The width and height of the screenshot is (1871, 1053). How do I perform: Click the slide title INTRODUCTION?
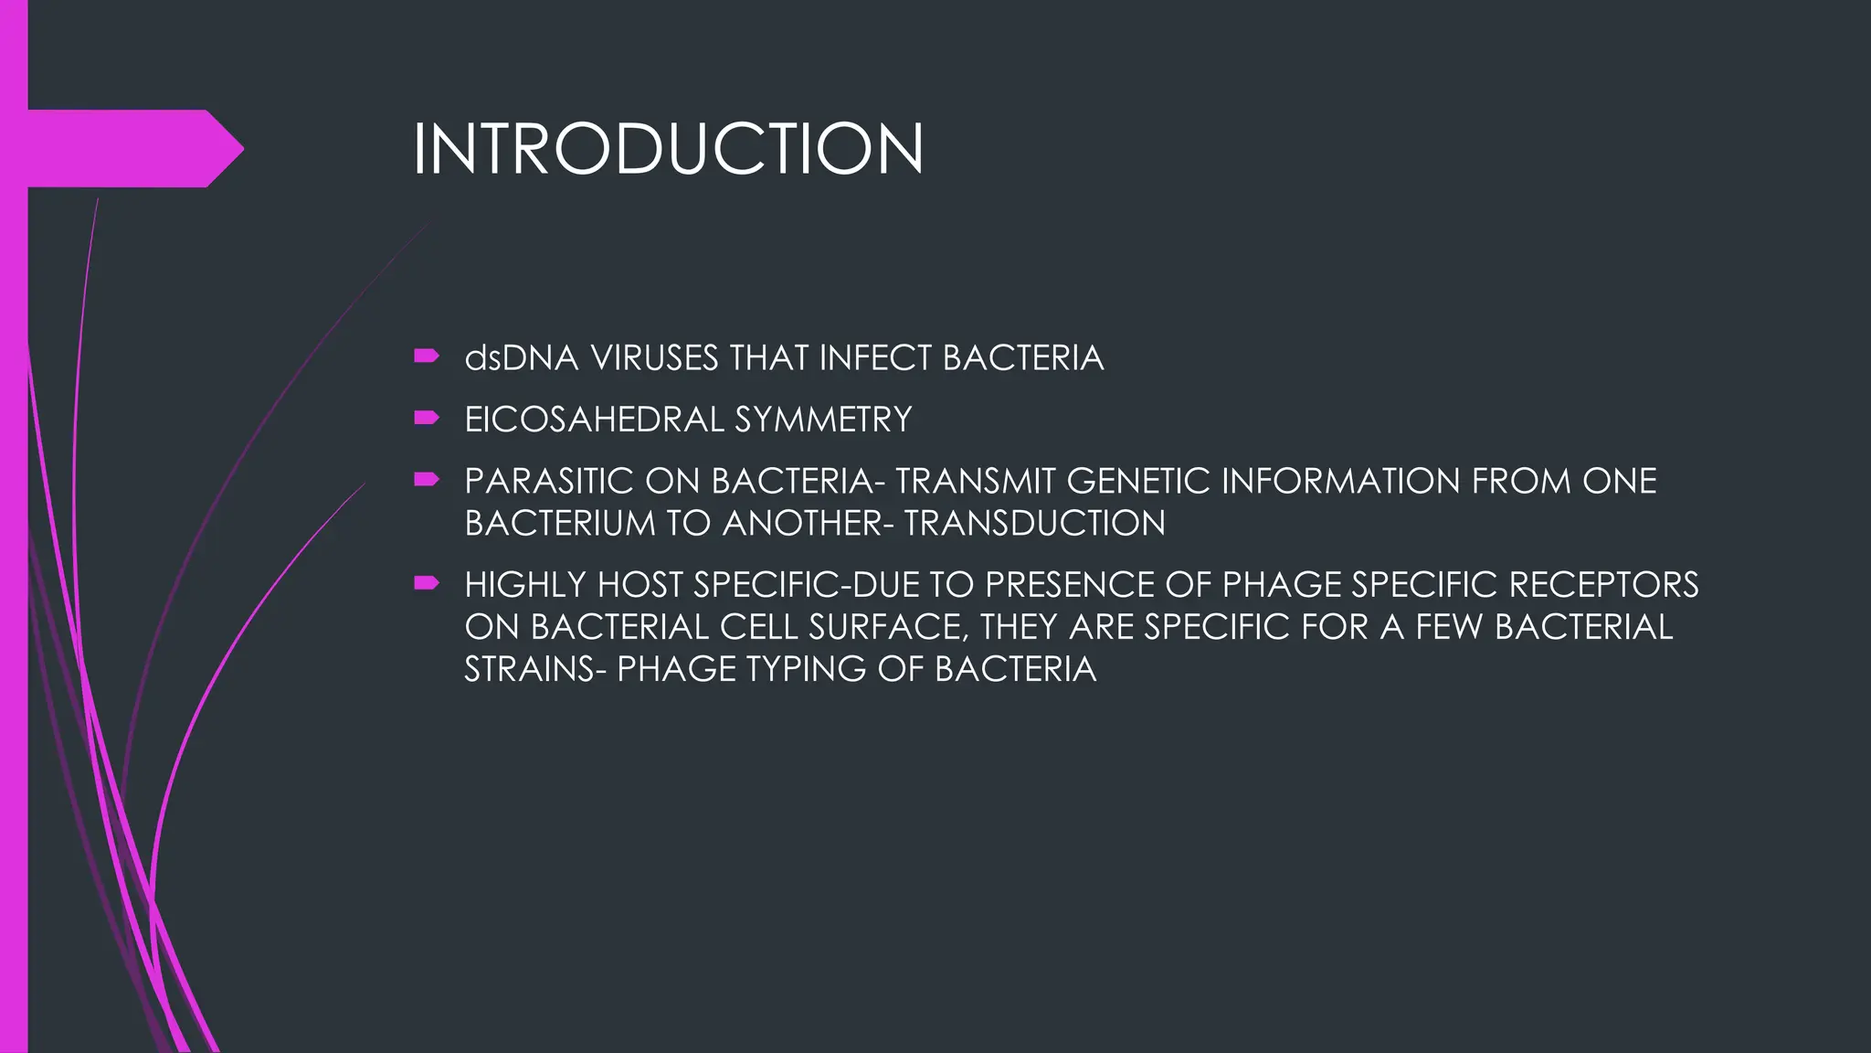click(668, 149)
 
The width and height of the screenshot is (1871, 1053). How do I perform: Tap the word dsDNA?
click(522, 358)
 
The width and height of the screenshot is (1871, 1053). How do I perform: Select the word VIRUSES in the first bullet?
click(654, 358)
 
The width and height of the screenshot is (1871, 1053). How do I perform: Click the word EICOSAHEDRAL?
click(594, 420)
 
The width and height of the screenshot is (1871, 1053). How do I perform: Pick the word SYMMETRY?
click(823, 420)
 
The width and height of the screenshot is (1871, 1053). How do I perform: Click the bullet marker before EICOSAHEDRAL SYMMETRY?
click(426, 419)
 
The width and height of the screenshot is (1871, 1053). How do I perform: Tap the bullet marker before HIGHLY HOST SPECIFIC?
click(426, 583)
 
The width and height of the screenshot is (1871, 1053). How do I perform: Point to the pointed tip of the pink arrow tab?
click(241, 148)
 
